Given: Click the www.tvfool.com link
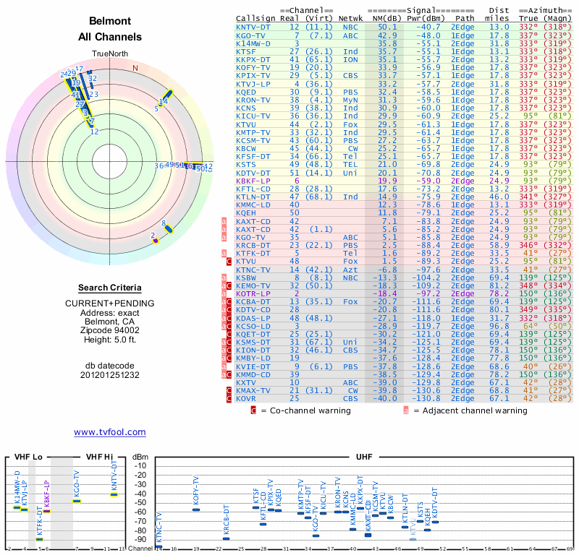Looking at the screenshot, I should [110, 432].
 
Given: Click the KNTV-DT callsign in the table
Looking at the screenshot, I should [253, 27].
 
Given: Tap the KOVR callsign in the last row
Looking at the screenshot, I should [248, 398].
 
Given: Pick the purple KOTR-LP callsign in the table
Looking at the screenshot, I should [253, 294].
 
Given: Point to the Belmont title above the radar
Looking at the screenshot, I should [110, 21].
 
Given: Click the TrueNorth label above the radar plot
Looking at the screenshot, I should [110, 54].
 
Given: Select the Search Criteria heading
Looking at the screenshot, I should [110, 288].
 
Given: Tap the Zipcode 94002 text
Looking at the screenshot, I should [110, 328].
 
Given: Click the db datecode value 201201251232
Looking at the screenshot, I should [110, 375].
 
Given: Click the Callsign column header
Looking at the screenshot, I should [256, 18].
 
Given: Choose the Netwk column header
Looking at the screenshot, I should [350, 18].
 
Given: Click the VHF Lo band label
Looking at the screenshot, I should [27, 457].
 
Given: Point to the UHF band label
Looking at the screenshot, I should [366, 457].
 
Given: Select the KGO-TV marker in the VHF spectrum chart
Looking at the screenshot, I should [77, 501].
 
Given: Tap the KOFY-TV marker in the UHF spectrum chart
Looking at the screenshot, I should [195, 509].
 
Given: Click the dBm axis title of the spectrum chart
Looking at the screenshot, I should [139, 457].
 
